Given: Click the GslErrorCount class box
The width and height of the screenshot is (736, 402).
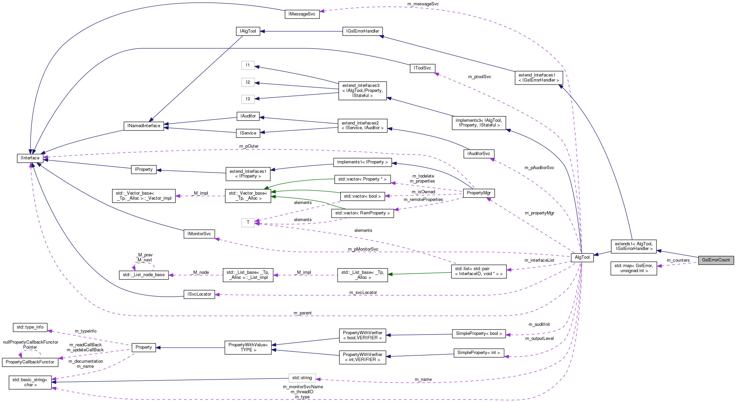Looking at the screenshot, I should pyautogui.click(x=716, y=260).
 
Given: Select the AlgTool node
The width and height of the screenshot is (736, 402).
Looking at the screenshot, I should pyautogui.click(x=582, y=257).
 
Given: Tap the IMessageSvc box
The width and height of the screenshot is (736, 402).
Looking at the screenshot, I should pyautogui.click(x=302, y=14).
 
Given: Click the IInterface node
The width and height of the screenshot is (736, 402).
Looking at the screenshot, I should pyautogui.click(x=30, y=158).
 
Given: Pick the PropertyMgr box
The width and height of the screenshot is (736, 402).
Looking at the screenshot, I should pyautogui.click(x=479, y=193).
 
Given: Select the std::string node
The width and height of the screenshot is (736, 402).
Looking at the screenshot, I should pyautogui.click(x=302, y=378).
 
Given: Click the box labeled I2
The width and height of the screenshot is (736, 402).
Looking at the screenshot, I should pyautogui.click(x=248, y=82).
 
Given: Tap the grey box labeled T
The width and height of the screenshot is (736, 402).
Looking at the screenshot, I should pyautogui.click(x=248, y=222).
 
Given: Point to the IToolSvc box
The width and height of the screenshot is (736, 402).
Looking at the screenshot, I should pyautogui.click(x=422, y=68).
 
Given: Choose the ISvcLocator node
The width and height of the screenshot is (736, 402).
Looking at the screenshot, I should pyautogui.click(x=199, y=294).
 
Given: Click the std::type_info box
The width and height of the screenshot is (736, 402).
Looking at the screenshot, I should pyautogui.click(x=30, y=327).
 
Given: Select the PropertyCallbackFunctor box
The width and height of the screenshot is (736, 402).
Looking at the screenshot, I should pyautogui.click(x=30, y=362).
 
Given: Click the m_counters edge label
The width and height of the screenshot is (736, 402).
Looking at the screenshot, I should pyautogui.click(x=678, y=260).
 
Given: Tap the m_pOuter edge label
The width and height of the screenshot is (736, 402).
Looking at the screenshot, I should pyautogui.click(x=249, y=146).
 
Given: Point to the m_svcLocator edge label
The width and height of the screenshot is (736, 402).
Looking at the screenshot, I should pyautogui.click(x=363, y=293).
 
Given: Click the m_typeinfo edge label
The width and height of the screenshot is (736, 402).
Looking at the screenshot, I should pyautogui.click(x=85, y=331).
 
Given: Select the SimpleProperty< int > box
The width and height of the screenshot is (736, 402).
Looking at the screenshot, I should pyautogui.click(x=479, y=353).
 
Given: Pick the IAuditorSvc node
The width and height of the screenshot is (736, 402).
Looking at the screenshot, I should pyautogui.click(x=479, y=154).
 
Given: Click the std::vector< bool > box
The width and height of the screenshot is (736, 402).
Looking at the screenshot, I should pyautogui.click(x=362, y=196).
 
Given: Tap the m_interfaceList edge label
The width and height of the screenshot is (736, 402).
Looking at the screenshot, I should pyautogui.click(x=539, y=260).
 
